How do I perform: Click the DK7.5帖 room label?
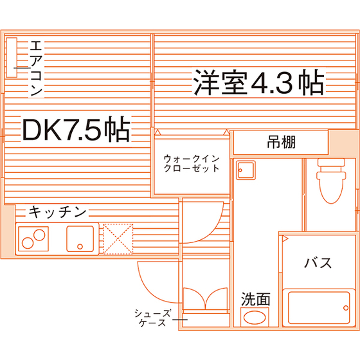click(x=76, y=129)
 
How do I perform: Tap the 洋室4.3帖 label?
click(x=259, y=82)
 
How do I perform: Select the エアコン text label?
click(x=36, y=68)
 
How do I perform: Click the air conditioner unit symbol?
click(x=12, y=57)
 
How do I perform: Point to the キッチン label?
click(x=57, y=212)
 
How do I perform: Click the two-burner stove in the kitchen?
click(x=33, y=239)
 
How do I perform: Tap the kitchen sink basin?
click(x=80, y=239)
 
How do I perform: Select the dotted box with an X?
click(x=118, y=239)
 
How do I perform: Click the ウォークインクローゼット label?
click(x=192, y=163)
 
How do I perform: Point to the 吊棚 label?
click(x=282, y=142)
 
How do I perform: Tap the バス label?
click(x=318, y=263)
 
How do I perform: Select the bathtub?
click(x=319, y=308)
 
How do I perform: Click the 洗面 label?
click(x=255, y=299)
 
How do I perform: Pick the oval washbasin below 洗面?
click(x=255, y=318)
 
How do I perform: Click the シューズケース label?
click(x=152, y=318)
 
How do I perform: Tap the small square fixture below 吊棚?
click(x=246, y=170)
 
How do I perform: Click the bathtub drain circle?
click(x=346, y=308)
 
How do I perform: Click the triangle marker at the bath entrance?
click(x=285, y=239)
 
